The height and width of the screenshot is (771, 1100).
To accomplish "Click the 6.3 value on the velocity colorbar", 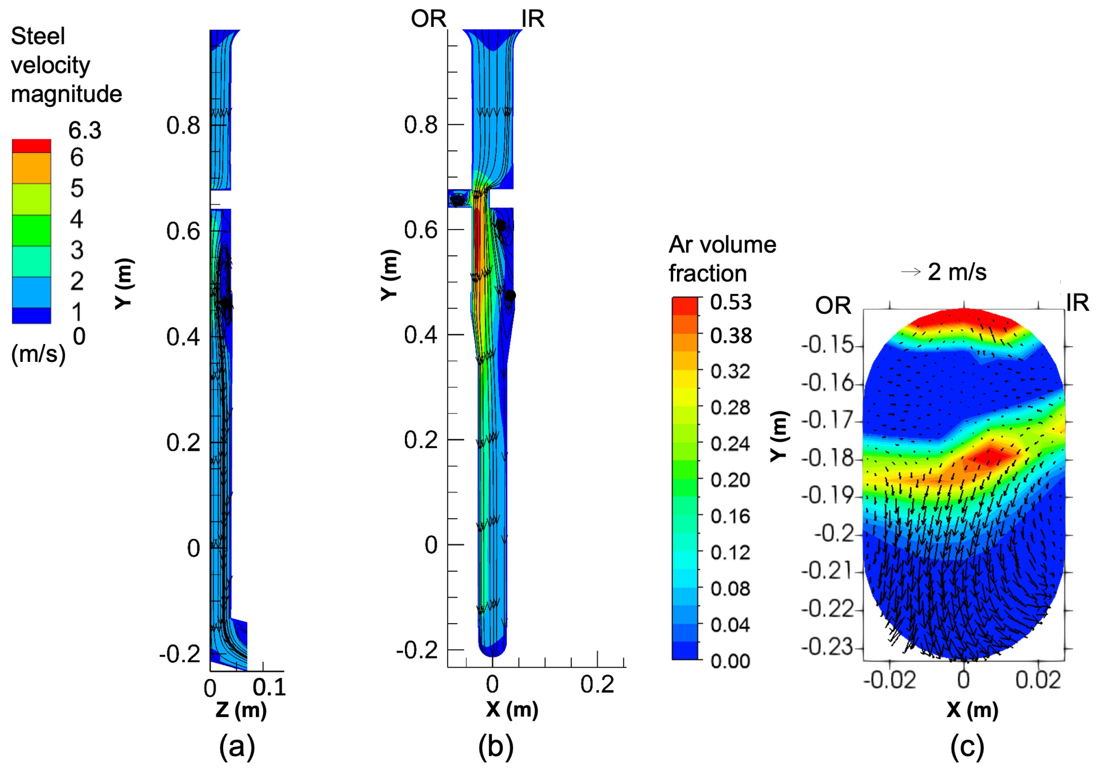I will point(85,130).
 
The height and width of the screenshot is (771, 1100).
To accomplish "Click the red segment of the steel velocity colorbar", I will point(32,146).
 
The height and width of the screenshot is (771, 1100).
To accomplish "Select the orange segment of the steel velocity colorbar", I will point(32,168).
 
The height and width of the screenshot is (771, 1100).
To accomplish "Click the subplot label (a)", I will point(237,747).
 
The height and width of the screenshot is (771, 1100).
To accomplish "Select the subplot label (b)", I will point(495,747).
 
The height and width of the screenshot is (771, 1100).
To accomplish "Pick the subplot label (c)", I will point(967,747).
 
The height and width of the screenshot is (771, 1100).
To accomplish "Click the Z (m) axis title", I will point(241,710).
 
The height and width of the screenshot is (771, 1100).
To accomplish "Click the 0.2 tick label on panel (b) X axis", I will point(597,684).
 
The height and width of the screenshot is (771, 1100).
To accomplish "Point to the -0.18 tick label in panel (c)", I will point(828,458).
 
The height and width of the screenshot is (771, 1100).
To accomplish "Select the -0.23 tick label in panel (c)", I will point(828,647).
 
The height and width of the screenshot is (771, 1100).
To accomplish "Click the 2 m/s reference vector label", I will point(957,272).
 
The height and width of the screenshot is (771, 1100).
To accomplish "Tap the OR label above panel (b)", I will point(428,19).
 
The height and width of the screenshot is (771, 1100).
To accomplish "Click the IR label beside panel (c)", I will point(1078,303).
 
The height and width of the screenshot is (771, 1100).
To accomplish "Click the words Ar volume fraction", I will point(722,259).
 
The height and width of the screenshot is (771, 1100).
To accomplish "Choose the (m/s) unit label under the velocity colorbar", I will point(38,354).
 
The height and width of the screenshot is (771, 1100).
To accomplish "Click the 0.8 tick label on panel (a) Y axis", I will point(183,126).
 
